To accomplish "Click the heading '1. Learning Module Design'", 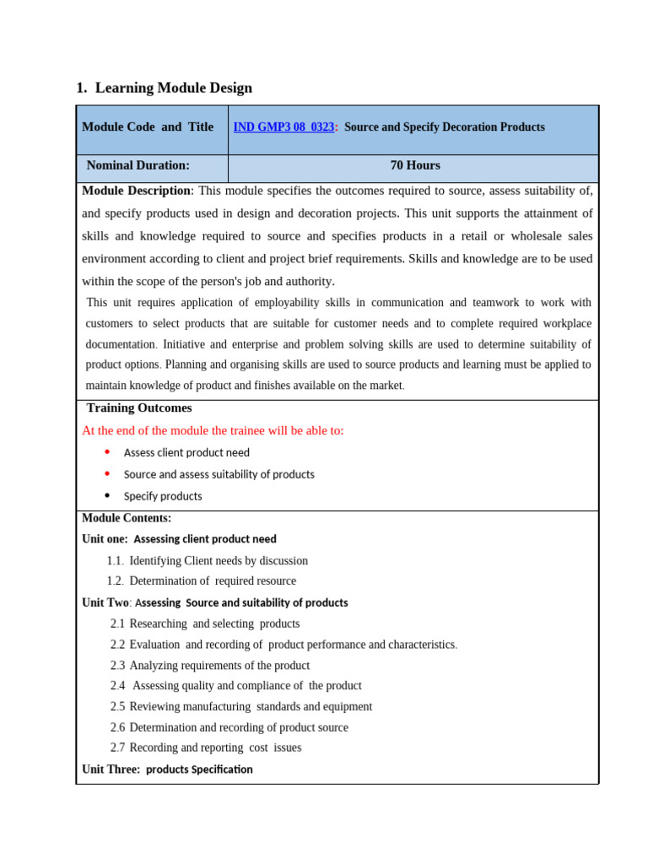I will pos(164,88).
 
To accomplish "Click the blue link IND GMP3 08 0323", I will pos(283,127).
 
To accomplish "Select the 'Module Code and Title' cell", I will pos(148,127).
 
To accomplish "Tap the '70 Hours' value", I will pos(414,165).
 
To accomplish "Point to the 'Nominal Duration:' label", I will pos(138,165).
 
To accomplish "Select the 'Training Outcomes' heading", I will pos(139,408).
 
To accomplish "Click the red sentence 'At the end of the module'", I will pos(213,430).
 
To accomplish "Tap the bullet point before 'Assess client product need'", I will pos(107,452).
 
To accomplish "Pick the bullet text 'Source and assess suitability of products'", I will pos(219,474).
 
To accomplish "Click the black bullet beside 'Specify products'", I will pos(107,496).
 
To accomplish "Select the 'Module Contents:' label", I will pos(127,518).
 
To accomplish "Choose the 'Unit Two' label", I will pos(105,602).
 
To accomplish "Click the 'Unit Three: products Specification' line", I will pos(167,769).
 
